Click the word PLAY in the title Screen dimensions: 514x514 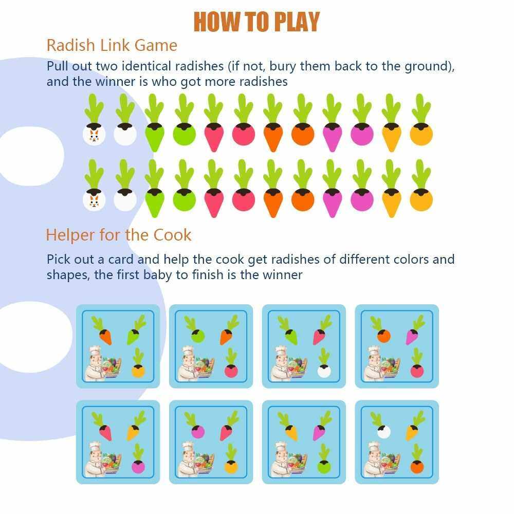[x=297, y=22]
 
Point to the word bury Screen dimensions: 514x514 [x=282, y=67]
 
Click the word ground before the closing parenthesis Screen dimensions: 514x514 [x=426, y=67]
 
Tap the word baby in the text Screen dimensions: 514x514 [x=157, y=275]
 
